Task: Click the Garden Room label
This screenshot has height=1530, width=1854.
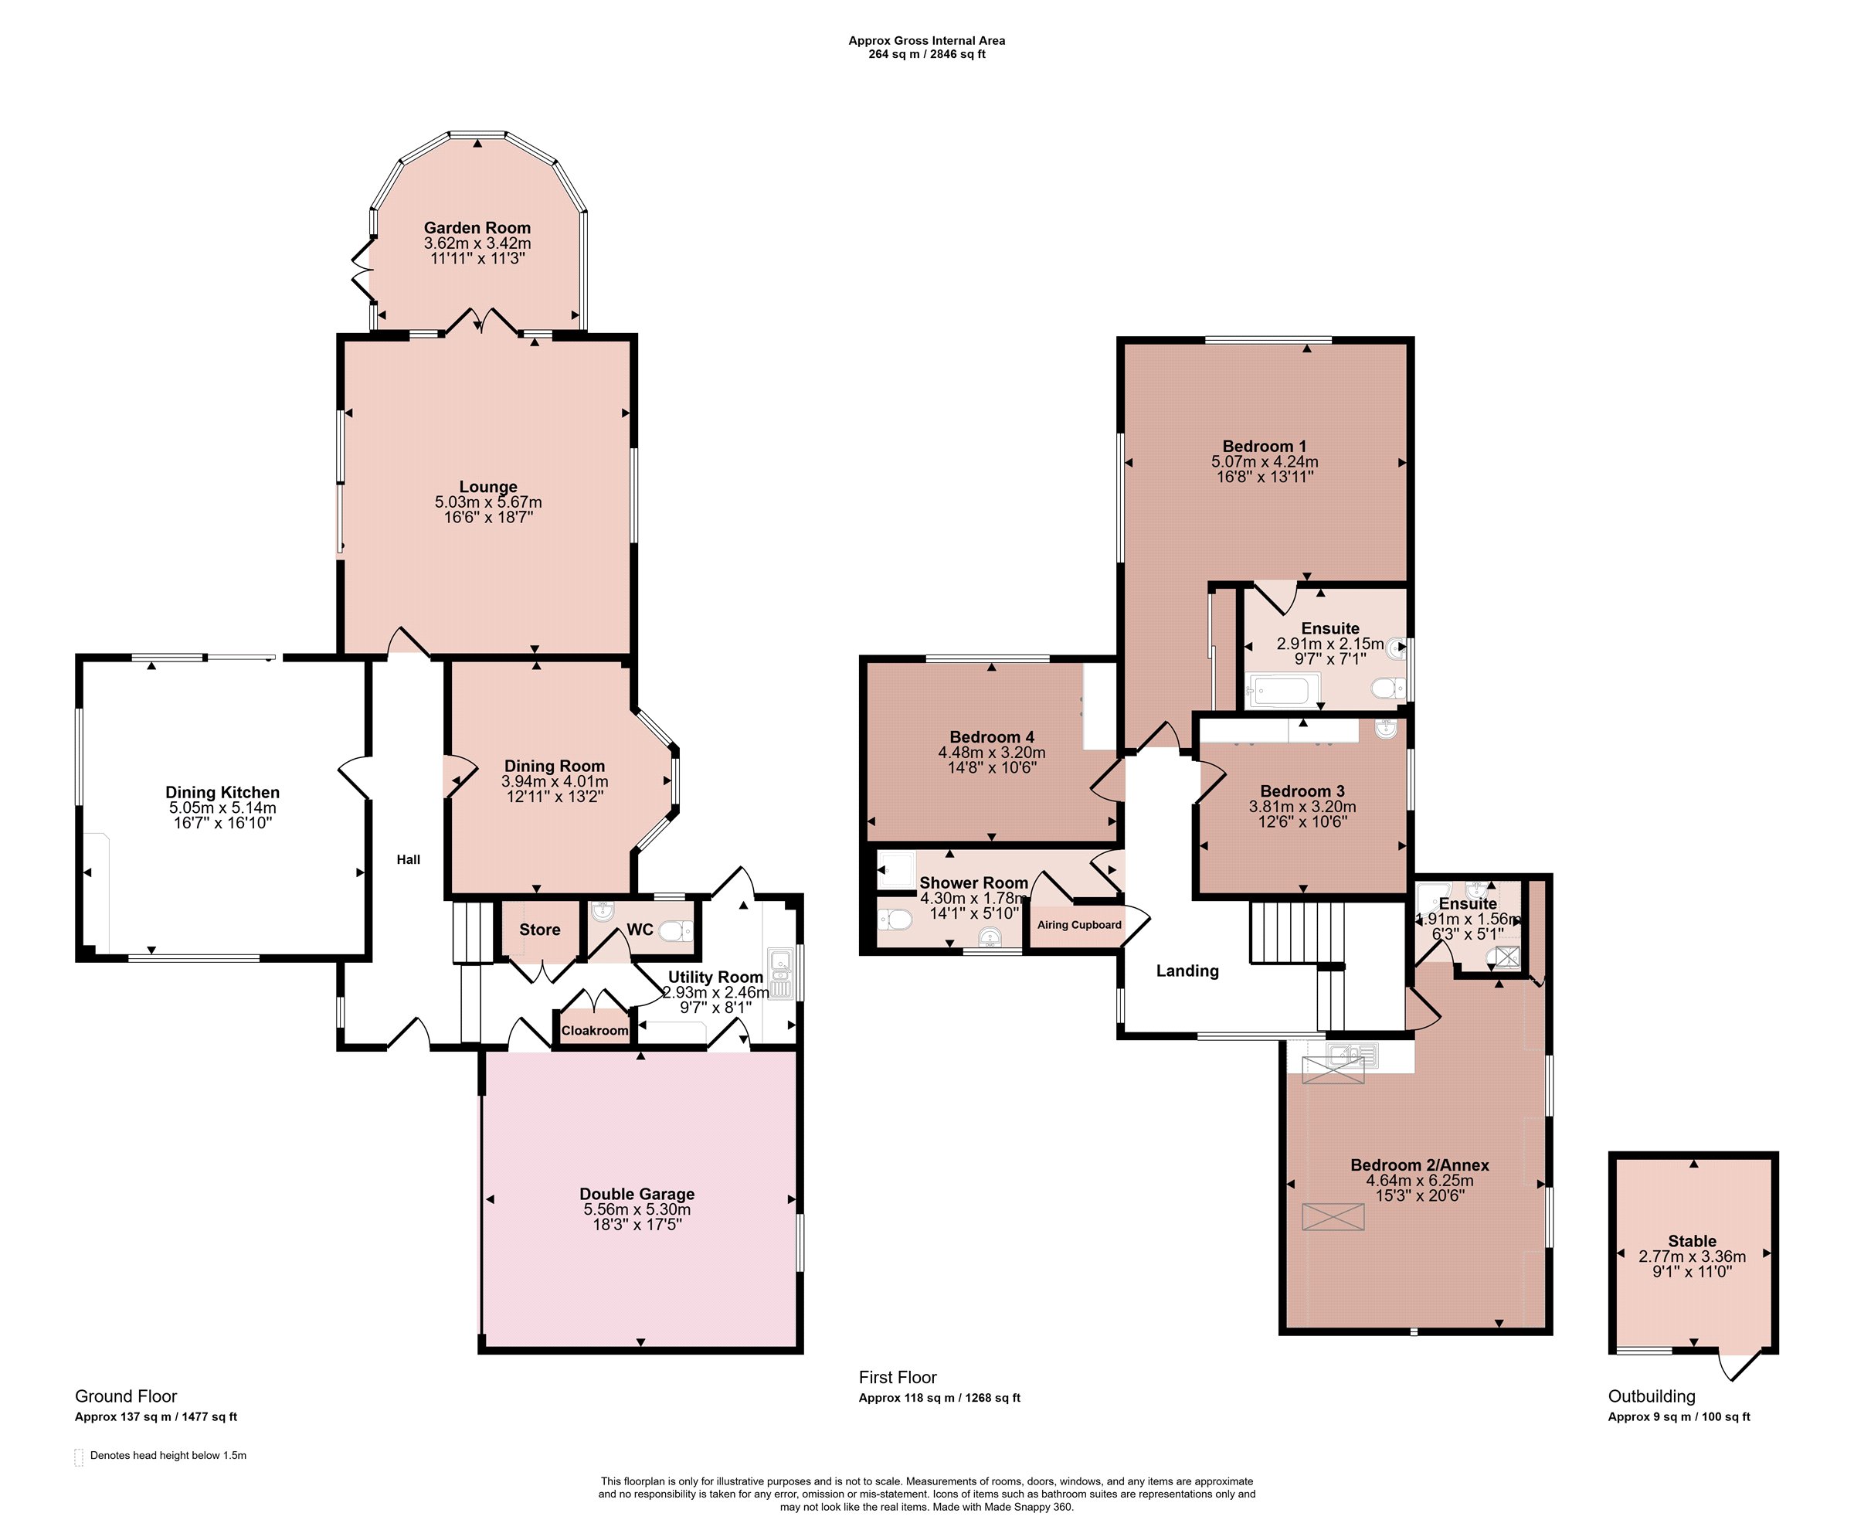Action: coord(477,227)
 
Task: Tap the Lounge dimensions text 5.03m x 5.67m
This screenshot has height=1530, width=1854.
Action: coord(488,502)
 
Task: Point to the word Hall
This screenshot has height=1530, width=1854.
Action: coord(408,859)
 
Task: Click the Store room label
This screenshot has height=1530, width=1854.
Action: coord(539,930)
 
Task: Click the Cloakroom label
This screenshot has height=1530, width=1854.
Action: coord(595,1030)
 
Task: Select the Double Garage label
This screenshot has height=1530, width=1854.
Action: coord(637,1193)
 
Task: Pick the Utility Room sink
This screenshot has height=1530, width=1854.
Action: coord(781,974)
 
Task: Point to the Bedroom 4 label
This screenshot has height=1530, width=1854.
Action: coord(991,737)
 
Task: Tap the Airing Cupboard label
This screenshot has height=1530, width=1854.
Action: coord(1079,924)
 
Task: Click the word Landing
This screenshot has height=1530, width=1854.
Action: coord(1187,971)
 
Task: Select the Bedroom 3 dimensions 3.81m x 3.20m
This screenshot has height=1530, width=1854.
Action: coord(1302,807)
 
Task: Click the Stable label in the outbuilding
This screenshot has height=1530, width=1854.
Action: coord(1692,1241)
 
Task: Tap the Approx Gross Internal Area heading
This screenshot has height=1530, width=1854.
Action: coord(927,40)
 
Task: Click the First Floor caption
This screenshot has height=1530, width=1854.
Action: coord(898,1377)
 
